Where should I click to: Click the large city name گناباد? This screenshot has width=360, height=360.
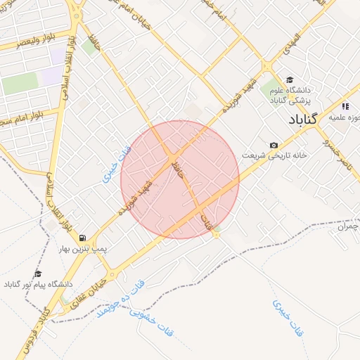pyautogui.click(x=303, y=119)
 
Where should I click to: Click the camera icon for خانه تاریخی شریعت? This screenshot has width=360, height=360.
pyautogui.click(x=273, y=145)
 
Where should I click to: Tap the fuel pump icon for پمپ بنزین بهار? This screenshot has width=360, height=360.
pyautogui.click(x=84, y=238)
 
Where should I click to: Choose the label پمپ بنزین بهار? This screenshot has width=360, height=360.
pyautogui.click(x=83, y=250)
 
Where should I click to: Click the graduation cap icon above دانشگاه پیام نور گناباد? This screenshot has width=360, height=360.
pyautogui.click(x=38, y=274)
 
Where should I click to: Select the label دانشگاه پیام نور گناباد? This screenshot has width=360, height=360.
pyautogui.click(x=38, y=284)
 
